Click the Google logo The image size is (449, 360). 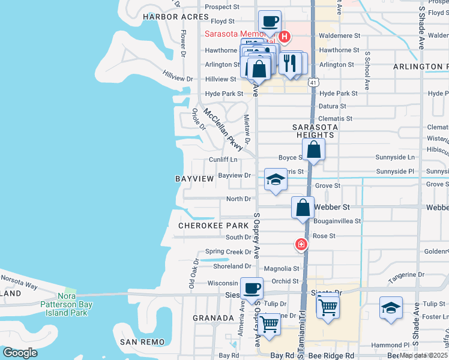coord(20,353)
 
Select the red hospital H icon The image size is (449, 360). coord(286,34)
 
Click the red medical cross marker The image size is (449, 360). coord(301,244)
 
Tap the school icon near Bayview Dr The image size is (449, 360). coord(276,179)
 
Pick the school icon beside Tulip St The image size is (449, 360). coord(391,308)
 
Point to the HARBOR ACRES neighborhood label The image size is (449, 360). coord(170,17)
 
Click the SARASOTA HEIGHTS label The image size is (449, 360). coord(316,131)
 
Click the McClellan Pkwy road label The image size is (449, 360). coord(223,129)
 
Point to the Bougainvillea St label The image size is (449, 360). coord(337,221)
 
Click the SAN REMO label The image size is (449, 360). coord(142,341)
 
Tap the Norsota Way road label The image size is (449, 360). coord(20,279)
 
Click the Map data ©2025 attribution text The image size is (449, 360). coord(423,355)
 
